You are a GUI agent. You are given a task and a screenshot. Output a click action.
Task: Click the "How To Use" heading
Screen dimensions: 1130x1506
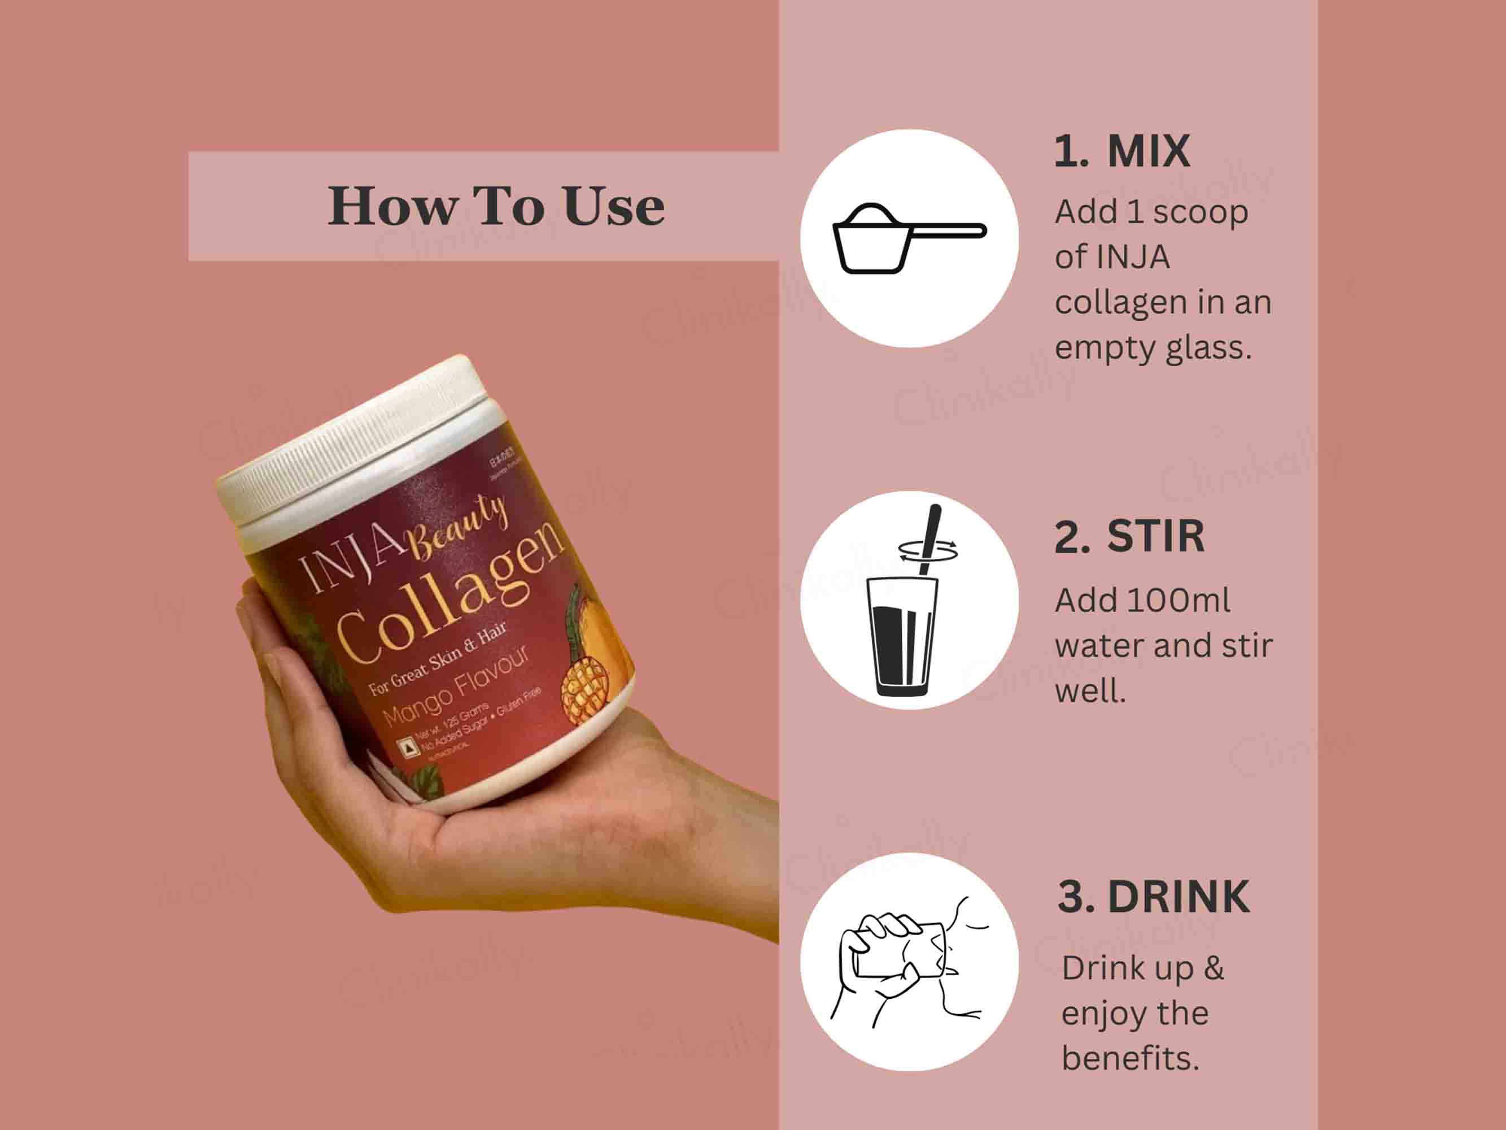pyautogui.click(x=496, y=206)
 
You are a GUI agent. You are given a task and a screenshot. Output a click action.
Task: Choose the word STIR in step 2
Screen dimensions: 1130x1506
pyautogui.click(x=1155, y=537)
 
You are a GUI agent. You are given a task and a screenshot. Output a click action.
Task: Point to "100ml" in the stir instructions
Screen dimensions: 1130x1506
pyautogui.click(x=1178, y=600)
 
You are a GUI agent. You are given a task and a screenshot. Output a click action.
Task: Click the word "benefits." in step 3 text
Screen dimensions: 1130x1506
pyautogui.click(x=1130, y=1058)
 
